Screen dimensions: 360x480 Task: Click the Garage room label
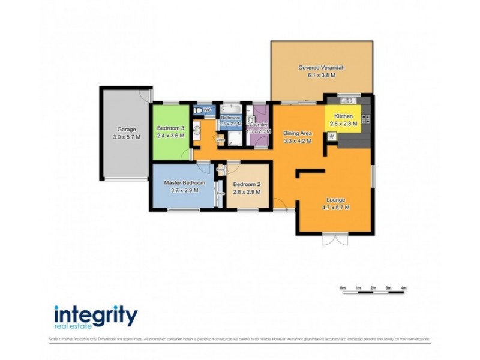(x=126, y=129)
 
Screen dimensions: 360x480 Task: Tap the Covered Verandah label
(x=322, y=68)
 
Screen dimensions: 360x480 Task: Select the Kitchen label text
(x=343, y=115)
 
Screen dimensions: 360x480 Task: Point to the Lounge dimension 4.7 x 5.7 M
(x=335, y=208)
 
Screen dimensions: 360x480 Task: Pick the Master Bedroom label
(x=186, y=182)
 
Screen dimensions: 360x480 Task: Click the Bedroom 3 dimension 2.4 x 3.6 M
(x=170, y=136)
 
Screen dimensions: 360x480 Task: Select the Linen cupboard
(x=220, y=141)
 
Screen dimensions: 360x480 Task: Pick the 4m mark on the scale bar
(x=404, y=289)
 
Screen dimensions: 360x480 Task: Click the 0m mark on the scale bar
(x=343, y=289)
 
